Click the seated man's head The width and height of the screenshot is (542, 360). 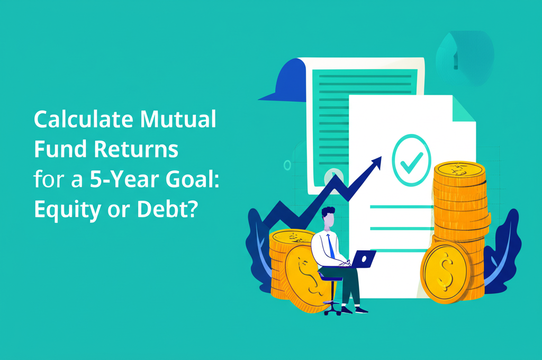[329, 217]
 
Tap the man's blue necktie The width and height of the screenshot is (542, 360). [331, 246]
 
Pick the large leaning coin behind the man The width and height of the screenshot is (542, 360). [304, 275]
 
